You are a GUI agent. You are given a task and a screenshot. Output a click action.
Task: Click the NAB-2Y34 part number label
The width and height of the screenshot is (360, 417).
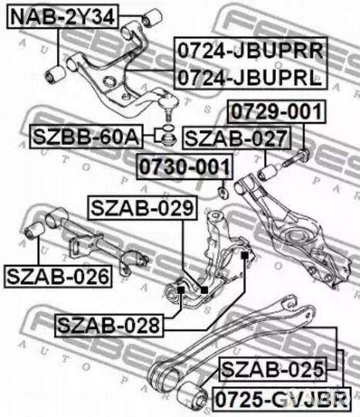(x=63, y=16)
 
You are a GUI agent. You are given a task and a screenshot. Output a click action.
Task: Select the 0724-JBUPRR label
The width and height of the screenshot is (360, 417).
(x=250, y=50)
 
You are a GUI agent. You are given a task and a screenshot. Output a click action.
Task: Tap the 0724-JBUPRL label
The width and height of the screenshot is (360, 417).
(x=250, y=77)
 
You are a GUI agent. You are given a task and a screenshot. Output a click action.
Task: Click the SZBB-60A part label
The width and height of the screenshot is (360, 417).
(x=87, y=137)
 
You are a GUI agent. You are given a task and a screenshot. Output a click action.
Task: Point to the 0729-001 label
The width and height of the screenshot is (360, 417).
(x=277, y=111)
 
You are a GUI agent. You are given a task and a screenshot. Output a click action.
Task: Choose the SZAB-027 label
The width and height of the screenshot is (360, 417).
(x=236, y=138)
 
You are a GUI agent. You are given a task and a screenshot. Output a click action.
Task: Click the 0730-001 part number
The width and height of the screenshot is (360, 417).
(x=185, y=167)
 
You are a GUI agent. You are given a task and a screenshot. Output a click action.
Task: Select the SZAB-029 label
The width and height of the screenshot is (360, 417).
(x=142, y=208)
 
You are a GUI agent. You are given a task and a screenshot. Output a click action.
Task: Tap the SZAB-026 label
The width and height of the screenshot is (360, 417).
(x=58, y=276)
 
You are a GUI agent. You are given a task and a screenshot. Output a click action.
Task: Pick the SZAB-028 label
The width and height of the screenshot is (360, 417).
(x=109, y=326)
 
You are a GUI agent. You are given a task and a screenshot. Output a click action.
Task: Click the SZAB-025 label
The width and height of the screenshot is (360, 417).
(x=273, y=369)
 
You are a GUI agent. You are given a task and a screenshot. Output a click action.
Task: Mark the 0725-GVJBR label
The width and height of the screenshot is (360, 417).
(x=282, y=399)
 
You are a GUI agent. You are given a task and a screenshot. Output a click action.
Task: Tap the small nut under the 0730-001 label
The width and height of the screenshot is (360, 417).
(x=222, y=192)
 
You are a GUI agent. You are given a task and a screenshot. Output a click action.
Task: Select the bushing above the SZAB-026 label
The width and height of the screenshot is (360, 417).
(x=34, y=230)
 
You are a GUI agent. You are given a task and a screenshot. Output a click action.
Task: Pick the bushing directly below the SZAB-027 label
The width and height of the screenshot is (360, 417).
(x=267, y=172)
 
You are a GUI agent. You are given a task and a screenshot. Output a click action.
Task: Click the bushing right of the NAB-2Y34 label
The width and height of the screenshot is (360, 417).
(x=152, y=18)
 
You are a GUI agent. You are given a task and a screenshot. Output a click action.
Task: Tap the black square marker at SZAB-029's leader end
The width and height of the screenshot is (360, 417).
(x=204, y=290)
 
